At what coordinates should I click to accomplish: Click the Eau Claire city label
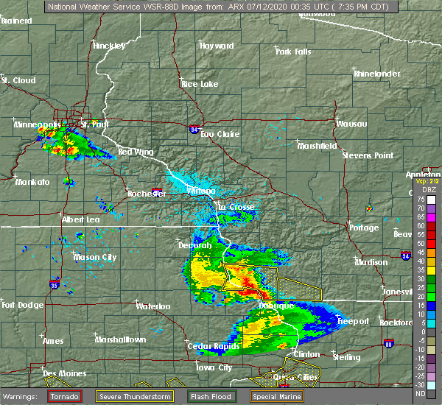218,134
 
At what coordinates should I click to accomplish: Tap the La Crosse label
235,208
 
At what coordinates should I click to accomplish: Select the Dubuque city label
276,305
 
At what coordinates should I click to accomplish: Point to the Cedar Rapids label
208,346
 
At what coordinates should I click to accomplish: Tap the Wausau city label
351,124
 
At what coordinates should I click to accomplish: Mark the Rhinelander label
379,74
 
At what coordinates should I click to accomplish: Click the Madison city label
371,262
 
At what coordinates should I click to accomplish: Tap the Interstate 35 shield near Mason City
55,283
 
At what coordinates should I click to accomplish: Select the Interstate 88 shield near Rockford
388,343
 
